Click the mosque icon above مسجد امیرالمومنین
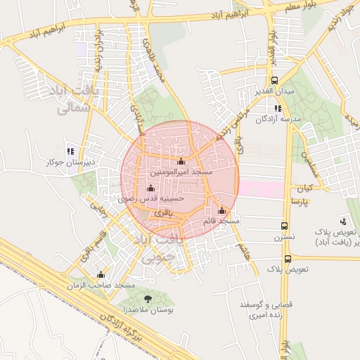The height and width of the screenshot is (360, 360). click(x=181, y=162)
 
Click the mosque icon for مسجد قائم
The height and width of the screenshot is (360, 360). click(x=222, y=211)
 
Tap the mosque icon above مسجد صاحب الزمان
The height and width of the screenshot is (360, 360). click(x=101, y=275)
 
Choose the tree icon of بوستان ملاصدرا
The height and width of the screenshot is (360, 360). click(x=147, y=300)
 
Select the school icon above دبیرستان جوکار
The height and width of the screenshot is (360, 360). click(x=70, y=151)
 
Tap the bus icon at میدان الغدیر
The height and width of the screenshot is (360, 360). click(x=274, y=80)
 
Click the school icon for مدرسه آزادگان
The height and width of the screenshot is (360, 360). click(x=278, y=108)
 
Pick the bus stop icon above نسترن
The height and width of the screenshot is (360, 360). click(x=284, y=226)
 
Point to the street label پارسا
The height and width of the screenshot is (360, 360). click(x=302, y=201)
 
